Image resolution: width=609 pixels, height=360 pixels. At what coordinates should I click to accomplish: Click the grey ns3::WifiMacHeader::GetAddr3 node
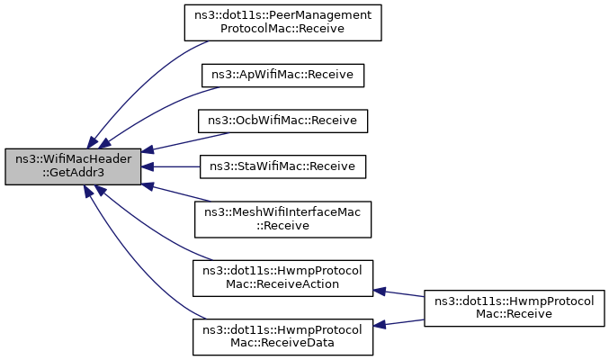point(73,166)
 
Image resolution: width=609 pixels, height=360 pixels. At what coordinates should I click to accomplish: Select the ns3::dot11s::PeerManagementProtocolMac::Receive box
point(282,22)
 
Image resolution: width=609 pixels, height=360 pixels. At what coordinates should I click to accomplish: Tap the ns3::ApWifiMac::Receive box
point(282,76)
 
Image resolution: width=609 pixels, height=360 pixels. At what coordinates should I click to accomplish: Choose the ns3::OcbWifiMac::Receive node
point(282,121)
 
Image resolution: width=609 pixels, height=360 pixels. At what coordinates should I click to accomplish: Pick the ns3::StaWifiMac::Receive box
point(282,166)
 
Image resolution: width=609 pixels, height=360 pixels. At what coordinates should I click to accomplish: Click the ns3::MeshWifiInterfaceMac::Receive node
point(282,220)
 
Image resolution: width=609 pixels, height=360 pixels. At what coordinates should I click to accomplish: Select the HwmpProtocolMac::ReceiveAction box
point(282,278)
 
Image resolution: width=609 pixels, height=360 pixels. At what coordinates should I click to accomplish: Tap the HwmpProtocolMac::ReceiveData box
point(282,337)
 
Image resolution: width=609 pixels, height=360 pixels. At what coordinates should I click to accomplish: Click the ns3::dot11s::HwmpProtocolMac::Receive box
point(515,308)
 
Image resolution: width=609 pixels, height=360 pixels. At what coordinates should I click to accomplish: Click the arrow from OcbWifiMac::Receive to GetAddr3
point(185,142)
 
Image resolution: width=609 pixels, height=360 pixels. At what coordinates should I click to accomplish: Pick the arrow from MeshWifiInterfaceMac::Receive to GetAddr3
point(176,193)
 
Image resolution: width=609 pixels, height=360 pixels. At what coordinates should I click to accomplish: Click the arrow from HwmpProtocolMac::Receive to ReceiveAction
point(399,293)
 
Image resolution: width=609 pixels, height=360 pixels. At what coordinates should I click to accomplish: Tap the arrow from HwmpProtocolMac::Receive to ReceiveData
point(399,323)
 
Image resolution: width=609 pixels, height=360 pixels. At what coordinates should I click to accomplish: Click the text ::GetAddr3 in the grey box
point(74,173)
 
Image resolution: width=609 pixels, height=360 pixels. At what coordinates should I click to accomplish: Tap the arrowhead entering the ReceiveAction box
point(379,292)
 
